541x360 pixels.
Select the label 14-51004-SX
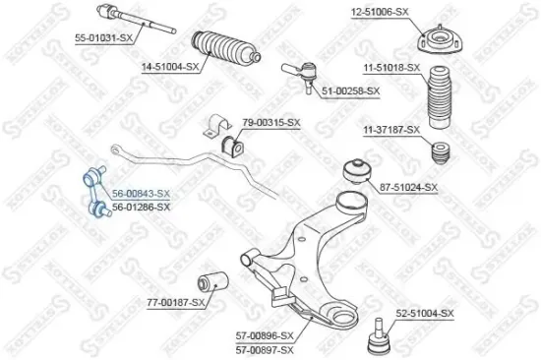point(171,67)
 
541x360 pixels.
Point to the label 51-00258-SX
point(350,90)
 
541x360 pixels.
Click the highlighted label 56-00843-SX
point(141,195)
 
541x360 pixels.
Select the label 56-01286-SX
point(141,207)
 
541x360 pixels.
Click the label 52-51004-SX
point(424,313)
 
